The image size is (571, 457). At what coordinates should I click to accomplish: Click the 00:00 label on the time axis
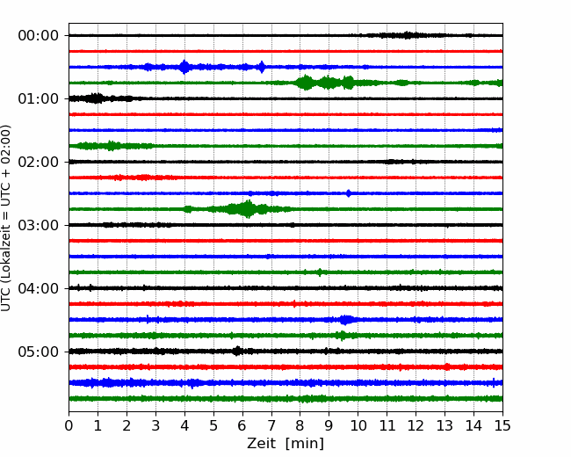click(39, 36)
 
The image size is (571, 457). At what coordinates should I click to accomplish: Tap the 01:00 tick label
click(39, 98)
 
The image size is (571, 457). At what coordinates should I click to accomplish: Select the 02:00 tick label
click(39, 163)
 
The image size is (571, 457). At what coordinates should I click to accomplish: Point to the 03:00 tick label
click(39, 225)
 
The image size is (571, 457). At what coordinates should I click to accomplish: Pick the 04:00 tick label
click(39, 288)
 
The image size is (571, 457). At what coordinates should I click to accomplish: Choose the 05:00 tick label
click(39, 352)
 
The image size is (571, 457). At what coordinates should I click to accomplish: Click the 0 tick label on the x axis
click(69, 425)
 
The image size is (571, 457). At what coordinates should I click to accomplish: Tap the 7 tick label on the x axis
click(271, 425)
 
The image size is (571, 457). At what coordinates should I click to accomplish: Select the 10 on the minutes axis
click(358, 425)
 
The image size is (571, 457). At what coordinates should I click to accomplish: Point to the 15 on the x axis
click(502, 425)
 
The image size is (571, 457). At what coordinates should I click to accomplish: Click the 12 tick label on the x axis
click(416, 425)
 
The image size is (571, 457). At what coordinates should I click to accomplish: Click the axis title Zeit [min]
click(285, 444)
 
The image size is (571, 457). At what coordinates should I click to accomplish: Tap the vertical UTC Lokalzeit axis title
click(6, 218)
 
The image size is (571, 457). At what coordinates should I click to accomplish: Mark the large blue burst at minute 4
click(184, 67)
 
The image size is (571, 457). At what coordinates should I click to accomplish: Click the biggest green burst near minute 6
click(248, 209)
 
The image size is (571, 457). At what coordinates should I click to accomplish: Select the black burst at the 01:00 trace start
click(96, 98)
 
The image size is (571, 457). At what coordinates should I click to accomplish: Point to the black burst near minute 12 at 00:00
click(407, 35)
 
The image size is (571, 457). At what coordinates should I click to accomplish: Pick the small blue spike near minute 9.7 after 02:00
click(349, 193)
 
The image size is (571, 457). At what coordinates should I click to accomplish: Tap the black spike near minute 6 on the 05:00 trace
click(237, 351)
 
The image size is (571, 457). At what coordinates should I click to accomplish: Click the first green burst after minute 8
click(305, 83)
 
